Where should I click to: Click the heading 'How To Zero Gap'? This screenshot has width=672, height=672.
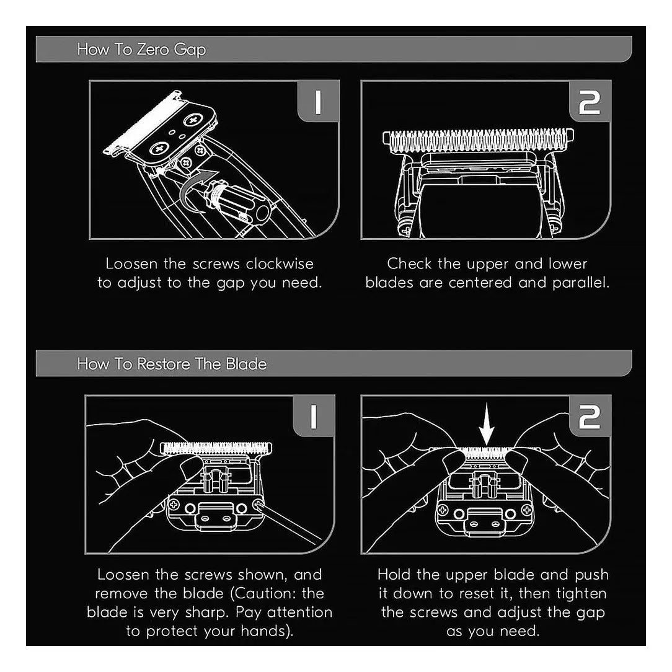tap(141, 50)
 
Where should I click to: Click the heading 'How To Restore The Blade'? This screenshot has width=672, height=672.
tap(172, 364)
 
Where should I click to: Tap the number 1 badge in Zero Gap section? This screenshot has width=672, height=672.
tap(318, 102)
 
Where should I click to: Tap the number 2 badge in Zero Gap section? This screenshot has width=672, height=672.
tap(590, 102)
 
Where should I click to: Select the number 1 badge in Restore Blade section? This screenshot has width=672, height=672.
tap(313, 416)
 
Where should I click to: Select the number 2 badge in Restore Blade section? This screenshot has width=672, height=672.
tap(590, 416)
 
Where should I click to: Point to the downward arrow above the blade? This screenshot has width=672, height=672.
tap(487, 425)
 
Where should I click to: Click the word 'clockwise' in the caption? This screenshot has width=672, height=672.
tap(280, 263)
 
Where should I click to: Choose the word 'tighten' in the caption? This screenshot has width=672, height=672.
tap(581, 593)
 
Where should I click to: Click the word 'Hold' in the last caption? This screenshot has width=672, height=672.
tap(394, 575)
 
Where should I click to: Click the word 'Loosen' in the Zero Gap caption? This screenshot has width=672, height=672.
tap(131, 263)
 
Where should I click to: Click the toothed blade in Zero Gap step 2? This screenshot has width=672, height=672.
tap(479, 141)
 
